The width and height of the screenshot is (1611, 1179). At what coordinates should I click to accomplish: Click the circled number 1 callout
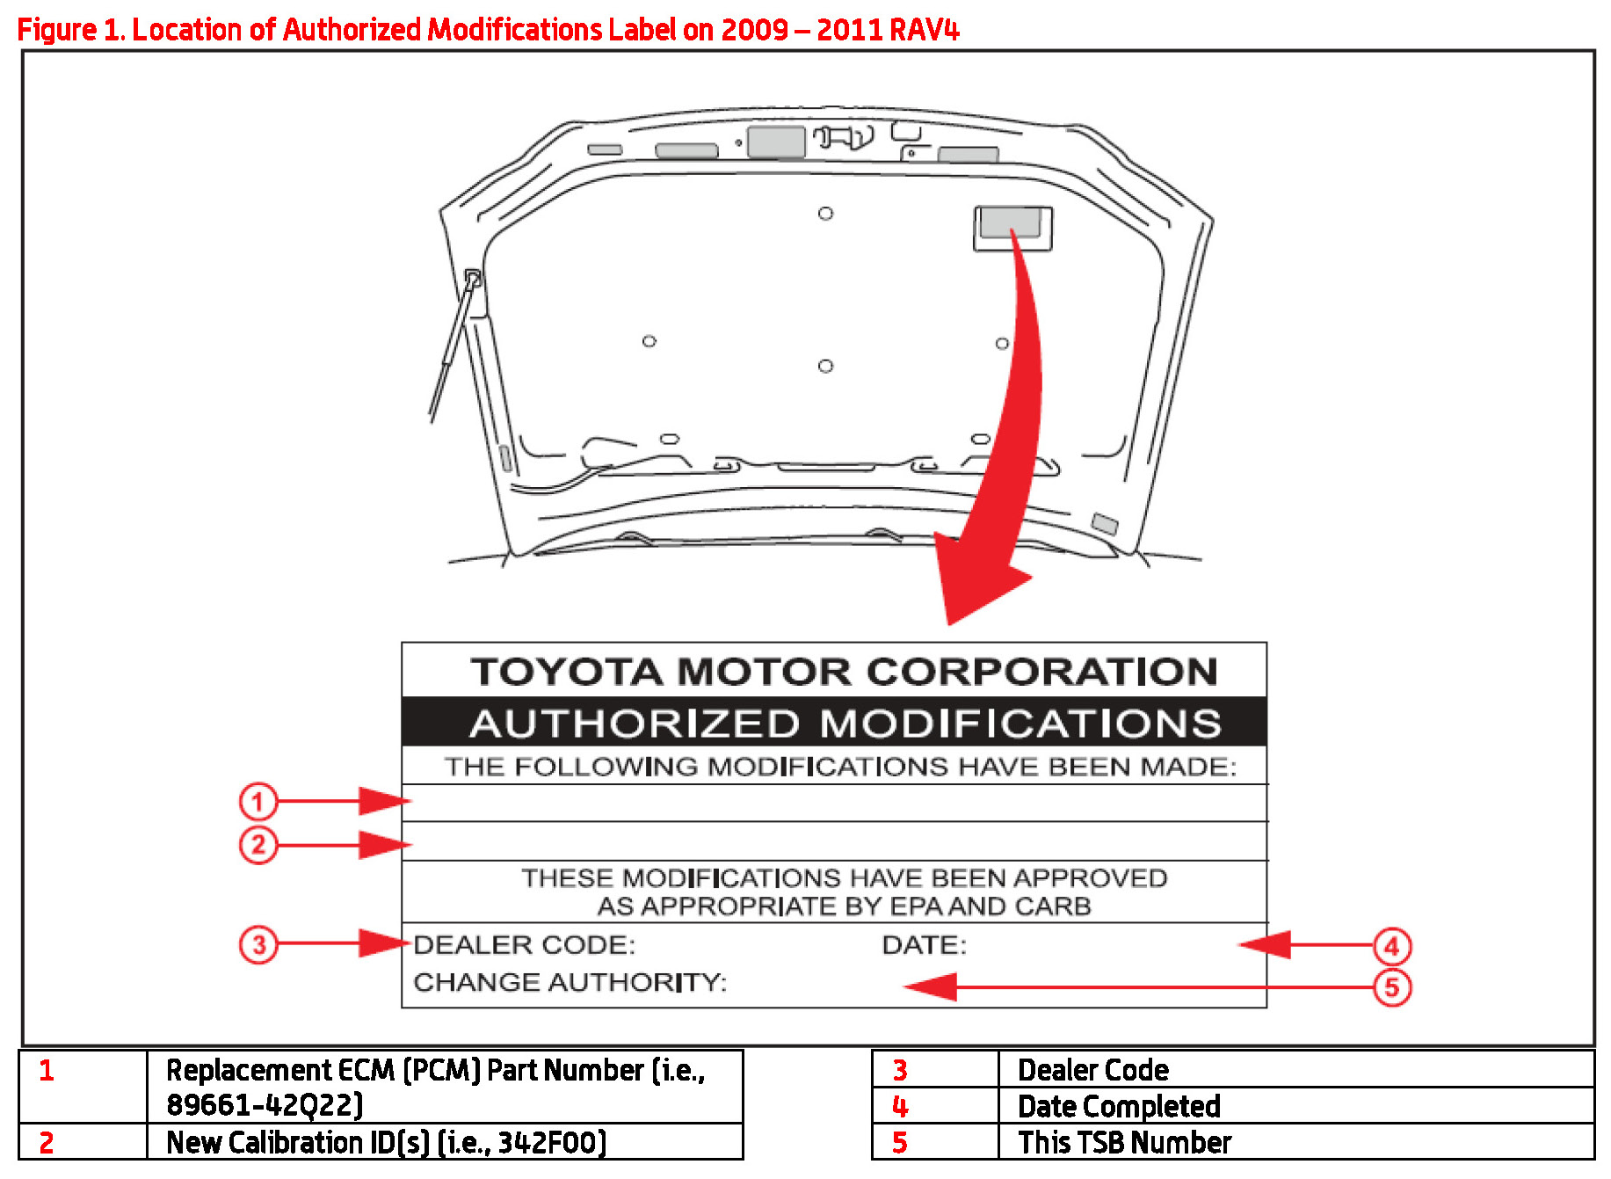[258, 801]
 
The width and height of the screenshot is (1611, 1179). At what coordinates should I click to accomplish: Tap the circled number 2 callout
[258, 845]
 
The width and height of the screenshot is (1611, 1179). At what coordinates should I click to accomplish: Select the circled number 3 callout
[258, 944]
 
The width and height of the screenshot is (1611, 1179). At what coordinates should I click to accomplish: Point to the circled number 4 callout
[1392, 946]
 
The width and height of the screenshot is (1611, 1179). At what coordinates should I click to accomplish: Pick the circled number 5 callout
[1392, 987]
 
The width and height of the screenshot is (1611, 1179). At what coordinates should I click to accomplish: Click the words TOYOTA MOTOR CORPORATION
[844, 672]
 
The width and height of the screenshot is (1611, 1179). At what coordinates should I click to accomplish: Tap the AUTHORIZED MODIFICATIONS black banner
[844, 723]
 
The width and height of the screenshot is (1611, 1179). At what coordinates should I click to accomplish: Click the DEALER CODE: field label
[524, 945]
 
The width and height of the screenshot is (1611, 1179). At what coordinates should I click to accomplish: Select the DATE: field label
[924, 945]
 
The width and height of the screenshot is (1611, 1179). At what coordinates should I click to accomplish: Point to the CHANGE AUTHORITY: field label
[570, 982]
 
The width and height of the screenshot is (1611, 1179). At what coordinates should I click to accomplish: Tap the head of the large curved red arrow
[976, 580]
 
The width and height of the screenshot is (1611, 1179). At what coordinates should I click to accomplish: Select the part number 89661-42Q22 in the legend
[264, 1105]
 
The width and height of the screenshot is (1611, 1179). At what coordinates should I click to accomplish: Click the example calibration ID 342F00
[551, 1142]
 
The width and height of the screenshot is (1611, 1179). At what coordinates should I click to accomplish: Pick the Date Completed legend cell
[1118, 1106]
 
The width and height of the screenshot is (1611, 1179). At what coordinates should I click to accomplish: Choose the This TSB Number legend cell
[1124, 1142]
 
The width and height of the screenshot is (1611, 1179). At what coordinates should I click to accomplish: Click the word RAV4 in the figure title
[924, 30]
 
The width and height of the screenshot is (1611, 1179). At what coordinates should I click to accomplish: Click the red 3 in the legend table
[899, 1070]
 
